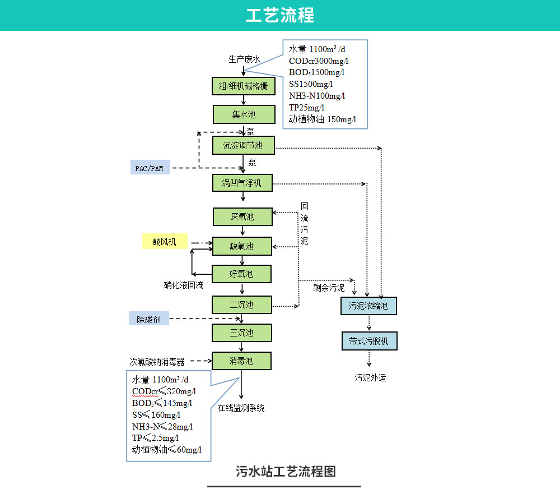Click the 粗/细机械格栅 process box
(x=244, y=86)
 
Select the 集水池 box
(x=244, y=114)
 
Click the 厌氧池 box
(x=242, y=216)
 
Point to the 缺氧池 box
(x=242, y=246)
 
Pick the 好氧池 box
(x=241, y=274)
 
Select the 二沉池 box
(x=241, y=305)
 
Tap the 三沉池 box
(x=241, y=333)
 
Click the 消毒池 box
(x=241, y=361)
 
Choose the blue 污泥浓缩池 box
(x=368, y=306)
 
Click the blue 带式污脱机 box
(x=369, y=341)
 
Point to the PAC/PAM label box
(x=150, y=168)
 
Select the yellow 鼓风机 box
(x=165, y=242)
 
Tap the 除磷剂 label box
(x=149, y=319)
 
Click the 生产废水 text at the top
(x=244, y=58)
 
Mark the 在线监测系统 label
(x=241, y=408)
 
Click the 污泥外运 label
(x=370, y=377)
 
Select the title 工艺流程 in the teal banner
(x=280, y=15)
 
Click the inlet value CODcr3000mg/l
(x=319, y=61)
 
